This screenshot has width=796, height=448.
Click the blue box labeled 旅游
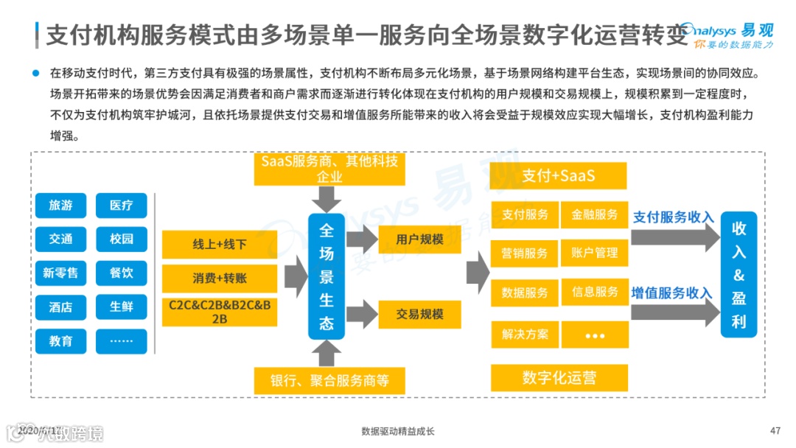60,206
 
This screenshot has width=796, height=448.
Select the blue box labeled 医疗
122,206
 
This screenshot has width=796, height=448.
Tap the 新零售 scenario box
60,273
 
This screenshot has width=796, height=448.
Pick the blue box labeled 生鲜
122,307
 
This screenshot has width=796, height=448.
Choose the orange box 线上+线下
220,245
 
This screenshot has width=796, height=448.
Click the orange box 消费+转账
220,279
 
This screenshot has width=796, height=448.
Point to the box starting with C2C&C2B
220,311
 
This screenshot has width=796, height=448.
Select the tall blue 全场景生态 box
327,276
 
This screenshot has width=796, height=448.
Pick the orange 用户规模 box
419,239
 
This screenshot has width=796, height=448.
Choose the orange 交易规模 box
419,315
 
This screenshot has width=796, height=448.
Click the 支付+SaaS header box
559,176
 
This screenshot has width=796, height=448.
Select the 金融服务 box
595,214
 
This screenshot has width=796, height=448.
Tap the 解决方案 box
525,334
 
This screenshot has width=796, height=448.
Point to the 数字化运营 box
559,378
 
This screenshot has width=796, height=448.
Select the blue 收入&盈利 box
739,275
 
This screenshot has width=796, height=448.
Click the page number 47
775,430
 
